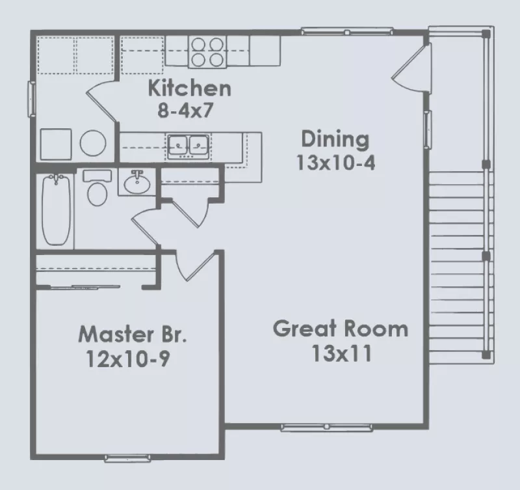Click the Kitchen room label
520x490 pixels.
coord(189,88)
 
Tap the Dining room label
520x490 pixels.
coord(335,139)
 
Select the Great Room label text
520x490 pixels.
coord(341,329)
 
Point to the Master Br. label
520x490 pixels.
coord(133,334)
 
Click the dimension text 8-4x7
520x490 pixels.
coord(185,111)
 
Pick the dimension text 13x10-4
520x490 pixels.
coord(335,163)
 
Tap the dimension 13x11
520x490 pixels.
coord(341,354)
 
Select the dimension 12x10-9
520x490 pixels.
coord(127,359)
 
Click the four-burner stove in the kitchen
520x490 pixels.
coord(207,52)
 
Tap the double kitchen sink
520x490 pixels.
coord(188,146)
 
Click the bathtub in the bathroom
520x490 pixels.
coord(57,210)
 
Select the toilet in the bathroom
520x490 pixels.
coord(97,188)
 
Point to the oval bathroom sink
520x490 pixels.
coord(137,183)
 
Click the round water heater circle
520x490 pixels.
coord(93,143)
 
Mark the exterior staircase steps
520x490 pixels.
coord(456,267)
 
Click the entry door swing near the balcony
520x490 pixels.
coord(411,68)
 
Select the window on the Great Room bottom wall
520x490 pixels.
coord(327,427)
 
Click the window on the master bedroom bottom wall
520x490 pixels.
coord(127,459)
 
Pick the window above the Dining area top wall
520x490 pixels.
coord(347,31)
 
